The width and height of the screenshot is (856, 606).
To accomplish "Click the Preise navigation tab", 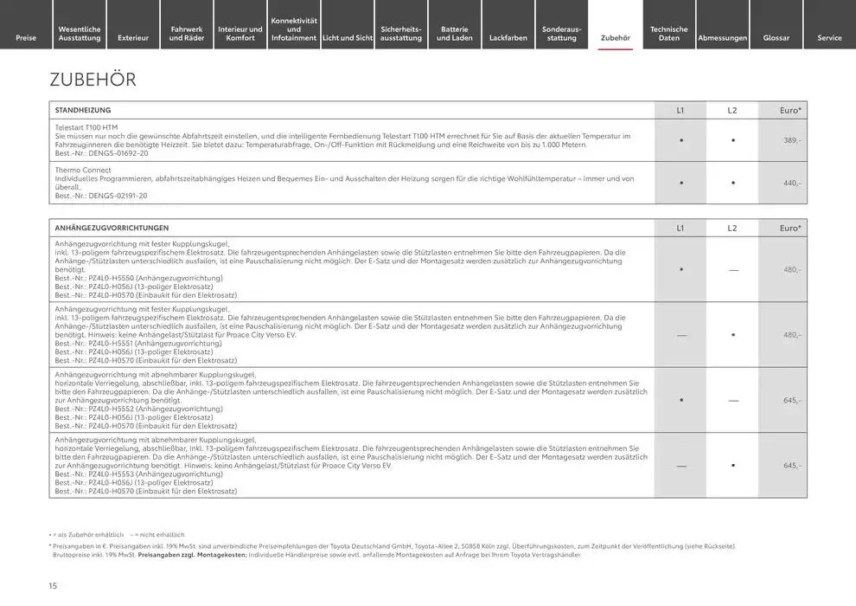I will tap(26, 37).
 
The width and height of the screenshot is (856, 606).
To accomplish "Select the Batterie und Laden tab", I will tap(455, 33).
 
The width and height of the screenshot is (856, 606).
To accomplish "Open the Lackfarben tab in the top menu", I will tap(508, 37).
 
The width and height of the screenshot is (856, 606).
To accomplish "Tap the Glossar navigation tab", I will tap(776, 37).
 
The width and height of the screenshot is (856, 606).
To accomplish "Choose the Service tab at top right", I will tap(829, 37).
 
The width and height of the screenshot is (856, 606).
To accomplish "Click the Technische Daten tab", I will tap(669, 33).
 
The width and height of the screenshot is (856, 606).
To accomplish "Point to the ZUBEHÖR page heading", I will tap(93, 80).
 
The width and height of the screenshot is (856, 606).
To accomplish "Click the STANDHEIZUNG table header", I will tap(83, 110).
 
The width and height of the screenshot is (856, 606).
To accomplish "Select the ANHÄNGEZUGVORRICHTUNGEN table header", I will tap(112, 228).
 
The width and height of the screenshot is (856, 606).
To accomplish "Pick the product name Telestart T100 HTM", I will tap(86, 127).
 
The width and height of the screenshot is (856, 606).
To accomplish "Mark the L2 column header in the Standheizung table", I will tap(732, 110).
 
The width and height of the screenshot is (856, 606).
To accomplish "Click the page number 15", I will tap(53, 586).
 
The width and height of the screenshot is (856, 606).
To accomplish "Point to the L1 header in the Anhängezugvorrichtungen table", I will tap(680, 228).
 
